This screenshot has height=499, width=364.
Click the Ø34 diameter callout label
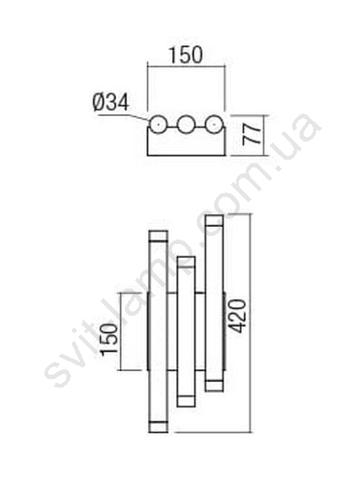[111, 103]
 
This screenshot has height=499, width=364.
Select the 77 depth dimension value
[251, 135]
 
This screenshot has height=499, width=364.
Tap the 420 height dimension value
[238, 316]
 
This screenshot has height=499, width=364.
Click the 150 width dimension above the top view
[186, 54]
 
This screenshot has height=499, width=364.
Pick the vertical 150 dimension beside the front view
[109, 338]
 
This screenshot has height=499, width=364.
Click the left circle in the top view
[158, 124]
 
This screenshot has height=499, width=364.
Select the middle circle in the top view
[186, 124]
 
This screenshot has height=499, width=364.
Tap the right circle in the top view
[213, 124]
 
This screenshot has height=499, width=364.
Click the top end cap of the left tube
[158, 236]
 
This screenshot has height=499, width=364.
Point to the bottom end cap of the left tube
[158, 426]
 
